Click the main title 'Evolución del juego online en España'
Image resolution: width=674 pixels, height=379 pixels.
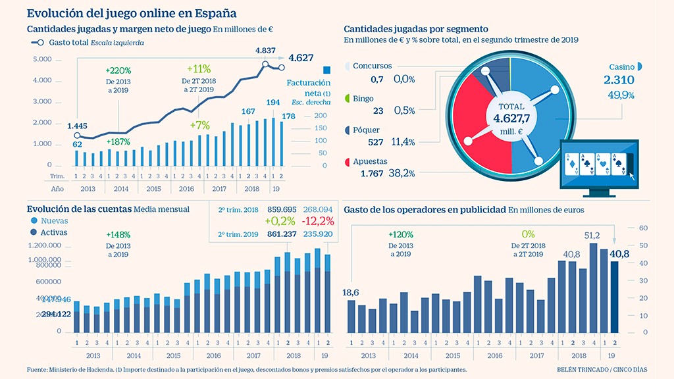(132, 13)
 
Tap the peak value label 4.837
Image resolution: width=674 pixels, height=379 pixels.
(265, 51)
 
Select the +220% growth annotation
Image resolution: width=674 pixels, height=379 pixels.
(118, 70)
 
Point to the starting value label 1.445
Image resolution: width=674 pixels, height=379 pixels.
(77, 125)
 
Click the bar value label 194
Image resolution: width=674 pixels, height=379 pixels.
(272, 103)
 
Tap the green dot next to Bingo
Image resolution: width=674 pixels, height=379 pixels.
(347, 99)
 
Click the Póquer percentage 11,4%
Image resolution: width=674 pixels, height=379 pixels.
(402, 142)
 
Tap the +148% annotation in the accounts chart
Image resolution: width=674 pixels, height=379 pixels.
(118, 235)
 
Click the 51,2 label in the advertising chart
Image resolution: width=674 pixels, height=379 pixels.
(592, 236)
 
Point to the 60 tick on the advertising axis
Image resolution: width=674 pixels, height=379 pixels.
(644, 228)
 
